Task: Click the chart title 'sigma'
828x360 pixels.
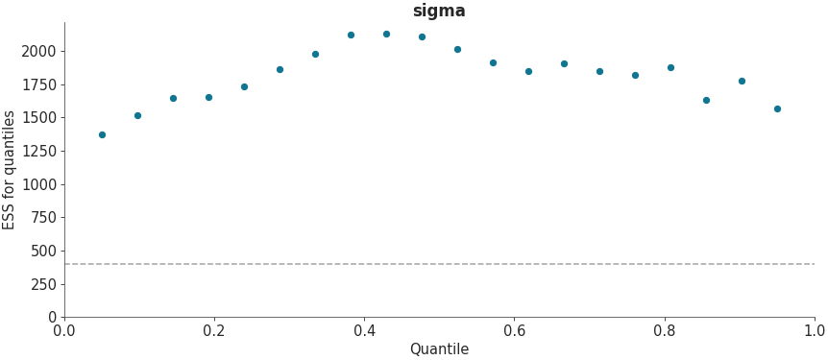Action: (439, 12)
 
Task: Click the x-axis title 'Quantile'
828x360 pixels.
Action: (439, 349)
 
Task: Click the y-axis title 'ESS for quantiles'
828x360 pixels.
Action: (10, 170)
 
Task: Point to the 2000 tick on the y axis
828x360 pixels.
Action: (38, 51)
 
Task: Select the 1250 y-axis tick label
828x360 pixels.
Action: (38, 151)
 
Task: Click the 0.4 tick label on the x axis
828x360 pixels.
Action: (364, 331)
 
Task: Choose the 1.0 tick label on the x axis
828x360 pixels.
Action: (814, 331)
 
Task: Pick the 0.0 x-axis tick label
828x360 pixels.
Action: (64, 331)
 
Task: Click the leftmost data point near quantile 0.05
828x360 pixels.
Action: (102, 134)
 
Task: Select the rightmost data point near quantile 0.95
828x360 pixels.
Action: (777, 108)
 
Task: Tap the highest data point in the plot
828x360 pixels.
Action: (386, 34)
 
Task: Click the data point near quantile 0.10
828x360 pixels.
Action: (137, 115)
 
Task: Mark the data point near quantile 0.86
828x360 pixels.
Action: (706, 100)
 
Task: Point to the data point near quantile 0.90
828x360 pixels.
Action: (742, 81)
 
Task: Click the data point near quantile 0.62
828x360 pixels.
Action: (528, 71)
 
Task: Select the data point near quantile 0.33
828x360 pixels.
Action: (315, 54)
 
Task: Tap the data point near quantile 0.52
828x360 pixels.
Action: (457, 49)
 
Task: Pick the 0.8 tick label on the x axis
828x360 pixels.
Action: (664, 331)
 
